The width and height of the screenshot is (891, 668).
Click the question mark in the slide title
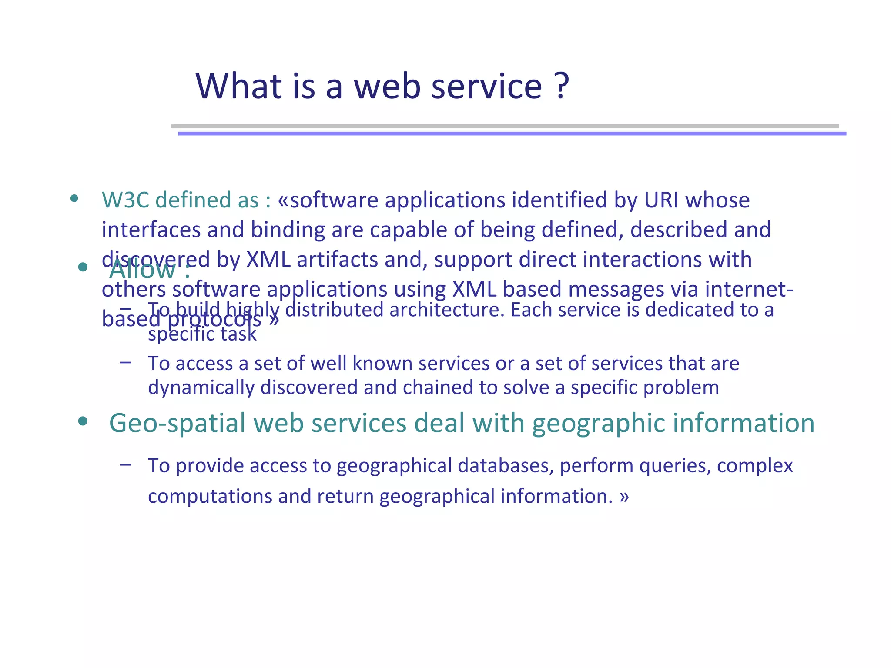click(562, 86)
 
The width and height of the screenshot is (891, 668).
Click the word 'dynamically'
click(201, 387)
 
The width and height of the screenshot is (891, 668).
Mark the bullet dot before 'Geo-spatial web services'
click(83, 421)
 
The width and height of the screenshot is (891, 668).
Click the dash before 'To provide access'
click(126, 464)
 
